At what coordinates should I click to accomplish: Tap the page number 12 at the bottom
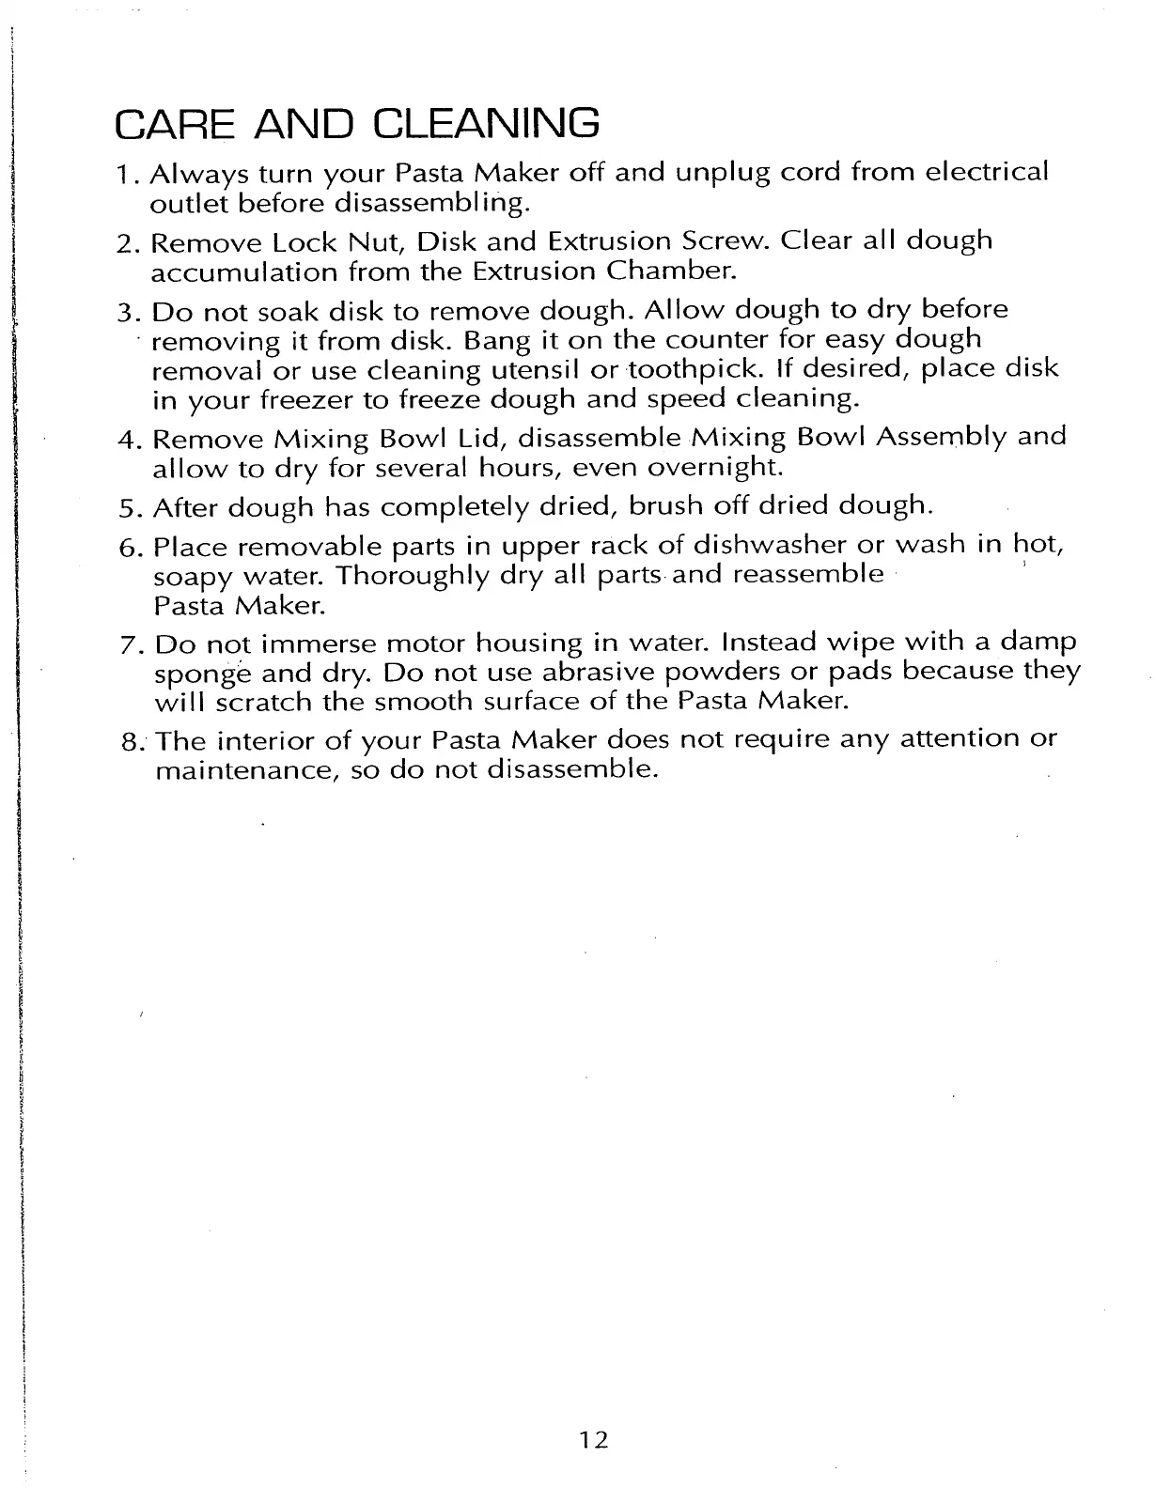coord(594,1439)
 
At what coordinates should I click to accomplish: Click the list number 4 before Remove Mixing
coord(129,439)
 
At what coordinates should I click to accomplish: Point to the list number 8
coord(131,741)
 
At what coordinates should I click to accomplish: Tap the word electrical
coord(988,173)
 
